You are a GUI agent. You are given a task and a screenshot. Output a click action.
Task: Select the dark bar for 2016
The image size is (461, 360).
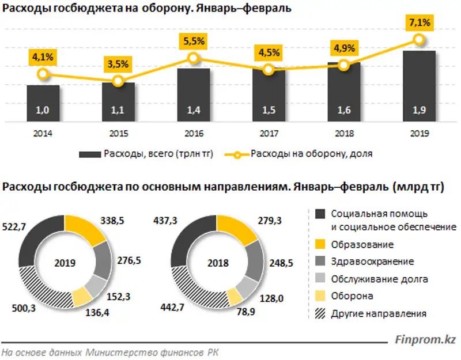(193, 95)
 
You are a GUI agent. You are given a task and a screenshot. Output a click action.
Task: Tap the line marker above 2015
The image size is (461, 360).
(118, 81)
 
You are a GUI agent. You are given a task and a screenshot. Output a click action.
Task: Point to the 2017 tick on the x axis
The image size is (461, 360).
(268, 134)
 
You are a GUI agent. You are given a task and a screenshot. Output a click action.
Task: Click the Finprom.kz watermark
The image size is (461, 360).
(425, 340)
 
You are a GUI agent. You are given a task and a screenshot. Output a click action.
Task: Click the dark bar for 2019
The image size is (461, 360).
(419, 86)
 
